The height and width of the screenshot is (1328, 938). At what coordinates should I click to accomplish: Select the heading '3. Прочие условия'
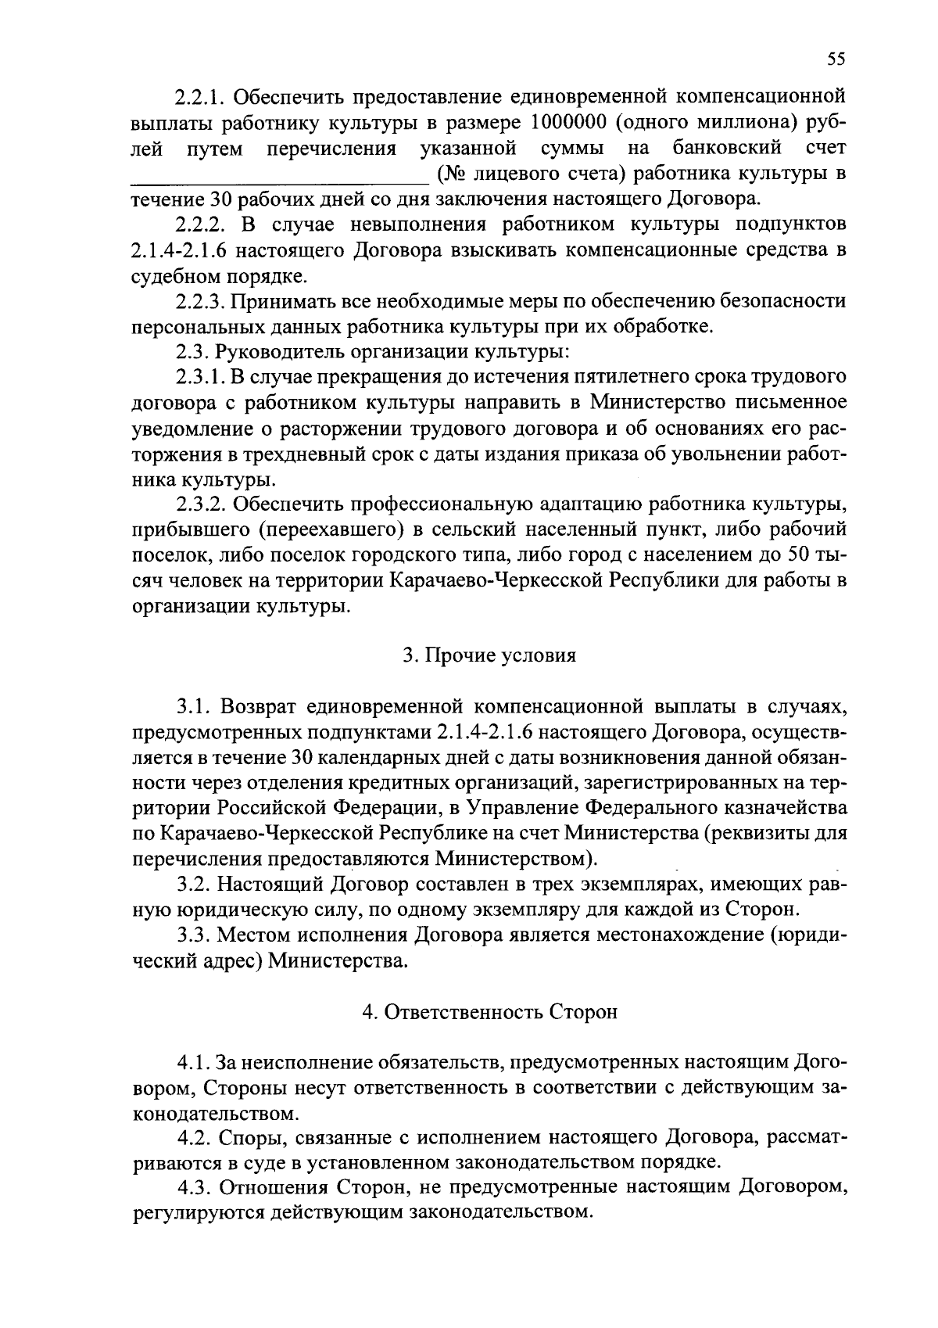tap(489, 655)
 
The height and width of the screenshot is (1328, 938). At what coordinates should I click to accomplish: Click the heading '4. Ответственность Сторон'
tap(489, 1012)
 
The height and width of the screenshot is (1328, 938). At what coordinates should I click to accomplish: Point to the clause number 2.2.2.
tap(201, 225)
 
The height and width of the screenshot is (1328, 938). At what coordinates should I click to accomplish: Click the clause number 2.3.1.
tap(201, 377)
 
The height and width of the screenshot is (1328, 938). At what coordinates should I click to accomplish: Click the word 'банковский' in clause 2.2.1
tap(727, 149)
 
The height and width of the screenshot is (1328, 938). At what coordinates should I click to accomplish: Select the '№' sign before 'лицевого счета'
tap(452, 174)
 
